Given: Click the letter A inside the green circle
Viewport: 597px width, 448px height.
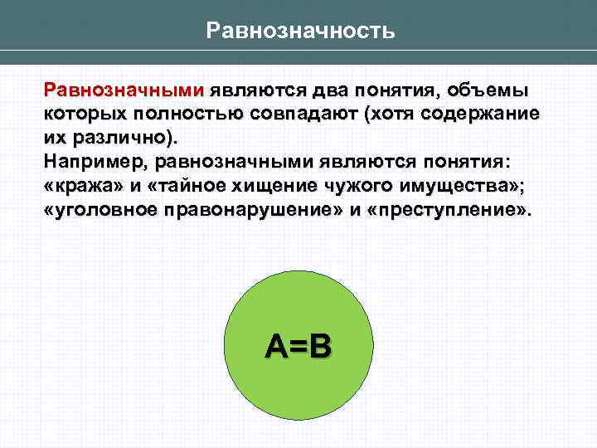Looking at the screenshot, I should [x=277, y=346].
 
